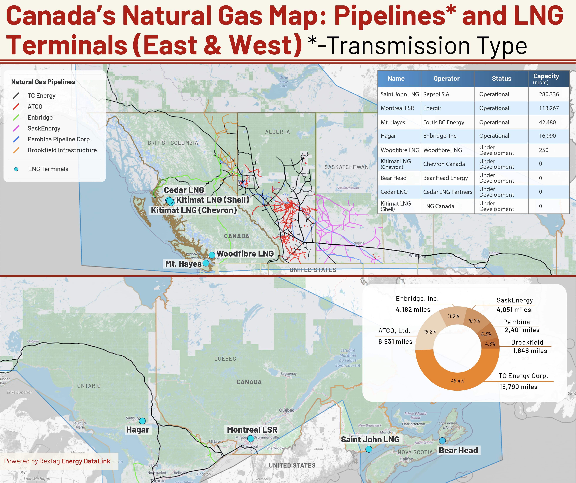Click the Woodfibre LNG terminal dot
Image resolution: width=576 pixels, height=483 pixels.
coord(212,255)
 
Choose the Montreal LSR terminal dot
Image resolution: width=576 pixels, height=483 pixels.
coord(250,439)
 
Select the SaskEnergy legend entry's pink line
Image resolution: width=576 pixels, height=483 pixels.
coord(16,128)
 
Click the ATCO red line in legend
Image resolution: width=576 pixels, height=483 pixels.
coord(16,107)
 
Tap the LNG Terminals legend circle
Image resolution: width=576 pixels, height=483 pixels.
coord(16,169)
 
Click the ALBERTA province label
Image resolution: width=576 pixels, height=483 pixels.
coord(277,132)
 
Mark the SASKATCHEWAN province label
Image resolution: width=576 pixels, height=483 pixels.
coord(346,167)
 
